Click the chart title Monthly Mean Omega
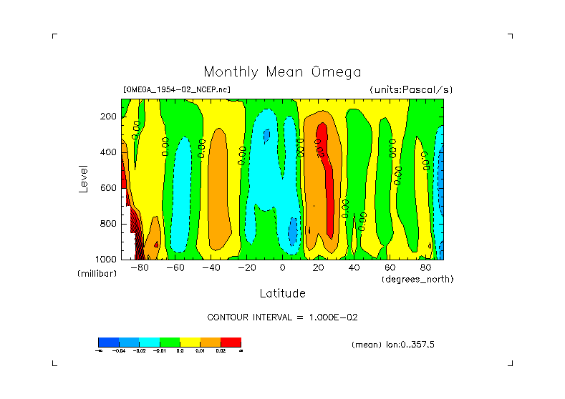point(282,72)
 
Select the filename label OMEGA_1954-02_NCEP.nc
point(177,90)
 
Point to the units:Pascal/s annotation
point(411,90)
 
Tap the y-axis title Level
point(84,178)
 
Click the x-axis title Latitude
point(282,293)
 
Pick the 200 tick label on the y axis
point(109,117)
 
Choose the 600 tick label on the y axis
point(109,188)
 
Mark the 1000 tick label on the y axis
point(107,258)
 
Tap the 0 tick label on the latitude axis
point(283,267)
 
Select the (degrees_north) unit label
point(417,279)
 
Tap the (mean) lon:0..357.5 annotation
point(393,345)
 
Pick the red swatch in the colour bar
point(231,342)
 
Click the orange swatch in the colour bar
point(211,342)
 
